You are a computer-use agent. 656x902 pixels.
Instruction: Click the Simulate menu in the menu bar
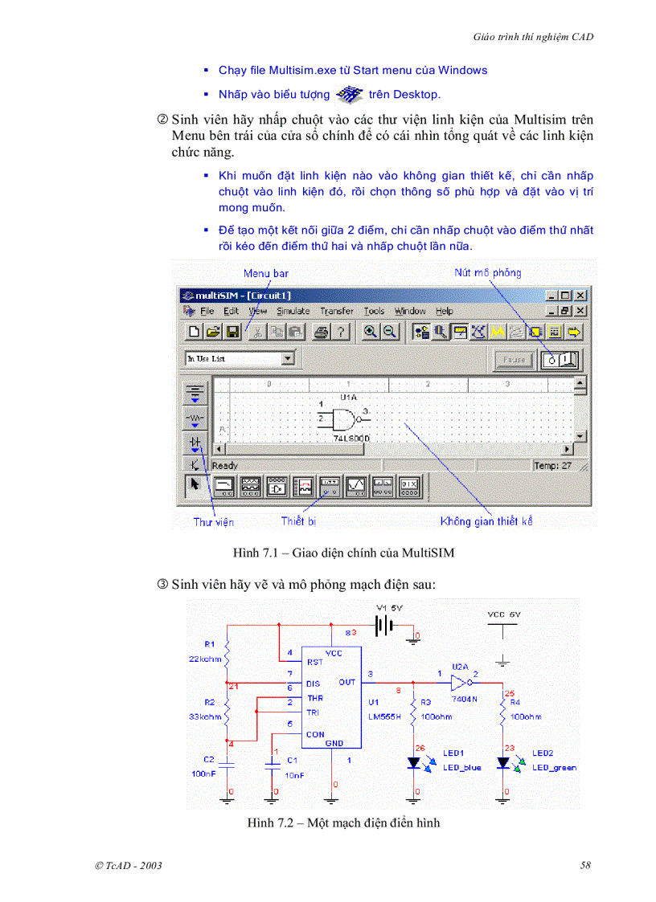point(293,311)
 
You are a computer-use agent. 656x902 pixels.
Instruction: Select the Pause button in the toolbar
point(515,361)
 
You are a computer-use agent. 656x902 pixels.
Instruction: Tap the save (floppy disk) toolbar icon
point(232,332)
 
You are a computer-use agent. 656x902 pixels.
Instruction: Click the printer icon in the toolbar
point(322,332)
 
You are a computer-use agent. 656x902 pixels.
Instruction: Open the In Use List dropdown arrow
point(288,359)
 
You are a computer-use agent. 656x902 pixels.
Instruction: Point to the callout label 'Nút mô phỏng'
point(487,272)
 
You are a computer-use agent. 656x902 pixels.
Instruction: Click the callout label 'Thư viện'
point(213,522)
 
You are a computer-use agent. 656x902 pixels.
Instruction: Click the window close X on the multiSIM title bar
point(580,296)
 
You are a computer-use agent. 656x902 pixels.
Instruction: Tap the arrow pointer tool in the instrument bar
point(194,485)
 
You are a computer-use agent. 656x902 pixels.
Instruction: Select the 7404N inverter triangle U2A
point(460,683)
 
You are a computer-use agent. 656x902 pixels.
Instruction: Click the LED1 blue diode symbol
point(415,762)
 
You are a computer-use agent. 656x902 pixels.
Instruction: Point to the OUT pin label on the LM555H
point(346,682)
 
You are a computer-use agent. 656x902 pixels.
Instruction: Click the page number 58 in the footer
point(585,865)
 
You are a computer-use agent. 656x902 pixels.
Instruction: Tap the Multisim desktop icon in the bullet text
point(349,95)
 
